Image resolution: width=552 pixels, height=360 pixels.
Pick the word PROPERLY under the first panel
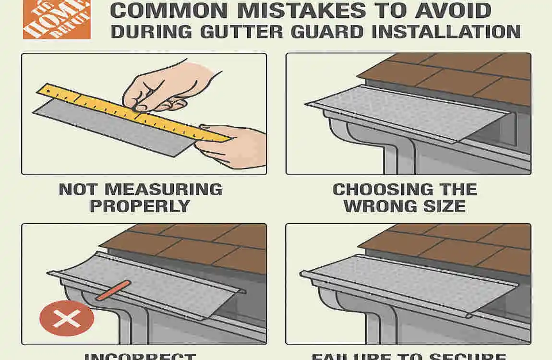pos(140,206)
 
